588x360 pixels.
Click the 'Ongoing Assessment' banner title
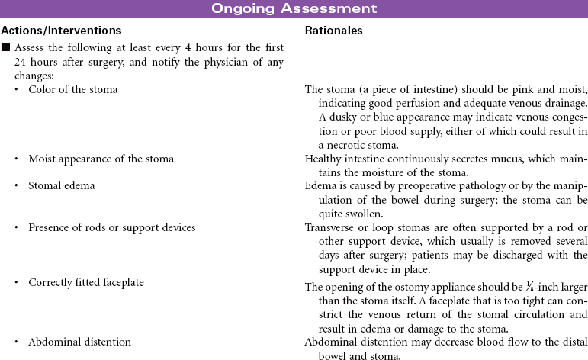(x=294, y=9)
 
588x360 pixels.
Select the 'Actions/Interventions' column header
(x=61, y=31)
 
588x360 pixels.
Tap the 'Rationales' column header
(x=333, y=31)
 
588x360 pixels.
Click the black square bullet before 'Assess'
(x=6, y=47)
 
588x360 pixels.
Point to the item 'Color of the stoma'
(x=73, y=89)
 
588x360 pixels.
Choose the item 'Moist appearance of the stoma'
(x=101, y=159)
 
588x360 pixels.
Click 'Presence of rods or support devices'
(x=111, y=227)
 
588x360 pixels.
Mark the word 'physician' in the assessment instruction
(x=217, y=60)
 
